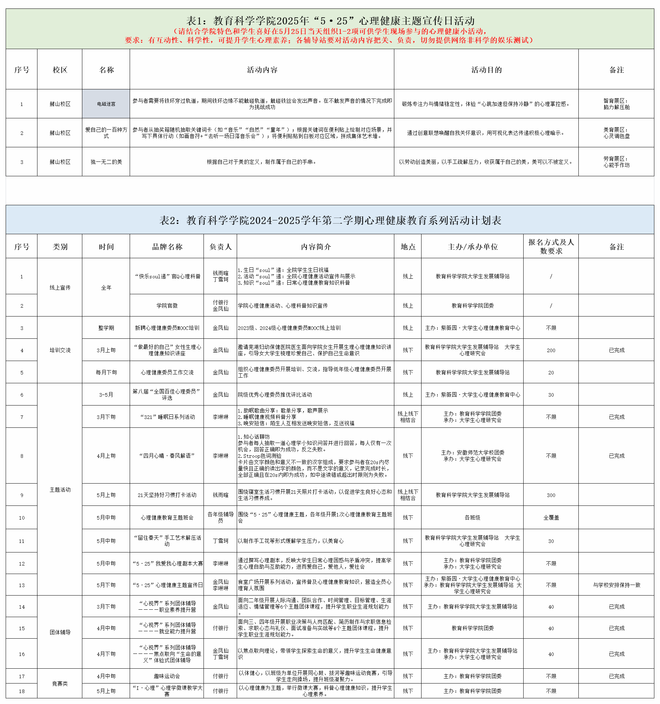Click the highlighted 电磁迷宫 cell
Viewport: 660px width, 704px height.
click(x=106, y=104)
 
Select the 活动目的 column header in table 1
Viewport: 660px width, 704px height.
click(x=486, y=70)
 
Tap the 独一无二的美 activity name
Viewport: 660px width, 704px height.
click(x=106, y=162)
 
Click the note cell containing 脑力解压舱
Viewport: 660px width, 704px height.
click(x=616, y=104)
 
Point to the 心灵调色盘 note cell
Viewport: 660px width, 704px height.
click(x=616, y=133)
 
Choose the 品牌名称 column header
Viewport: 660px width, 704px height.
click(x=167, y=247)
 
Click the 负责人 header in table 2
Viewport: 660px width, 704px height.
click(x=220, y=247)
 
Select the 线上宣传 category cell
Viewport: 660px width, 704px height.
click(x=60, y=288)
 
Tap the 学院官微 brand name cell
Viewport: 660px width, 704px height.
click(x=167, y=306)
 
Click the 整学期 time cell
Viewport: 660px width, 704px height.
click(x=106, y=328)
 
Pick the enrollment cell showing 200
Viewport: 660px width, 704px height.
click(x=551, y=350)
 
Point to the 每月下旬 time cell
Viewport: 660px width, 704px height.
click(x=106, y=373)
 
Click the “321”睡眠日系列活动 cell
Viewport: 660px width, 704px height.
click(x=167, y=417)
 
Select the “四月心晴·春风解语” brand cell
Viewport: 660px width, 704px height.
click(x=167, y=456)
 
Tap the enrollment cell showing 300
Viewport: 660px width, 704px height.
click(x=551, y=495)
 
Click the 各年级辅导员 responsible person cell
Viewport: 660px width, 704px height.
click(x=220, y=517)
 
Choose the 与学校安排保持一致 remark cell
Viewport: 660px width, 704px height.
click(x=616, y=585)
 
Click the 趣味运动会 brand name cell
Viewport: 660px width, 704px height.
click(x=167, y=676)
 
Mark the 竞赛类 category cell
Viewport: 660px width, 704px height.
click(x=60, y=684)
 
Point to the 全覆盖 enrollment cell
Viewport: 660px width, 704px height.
click(x=551, y=518)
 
